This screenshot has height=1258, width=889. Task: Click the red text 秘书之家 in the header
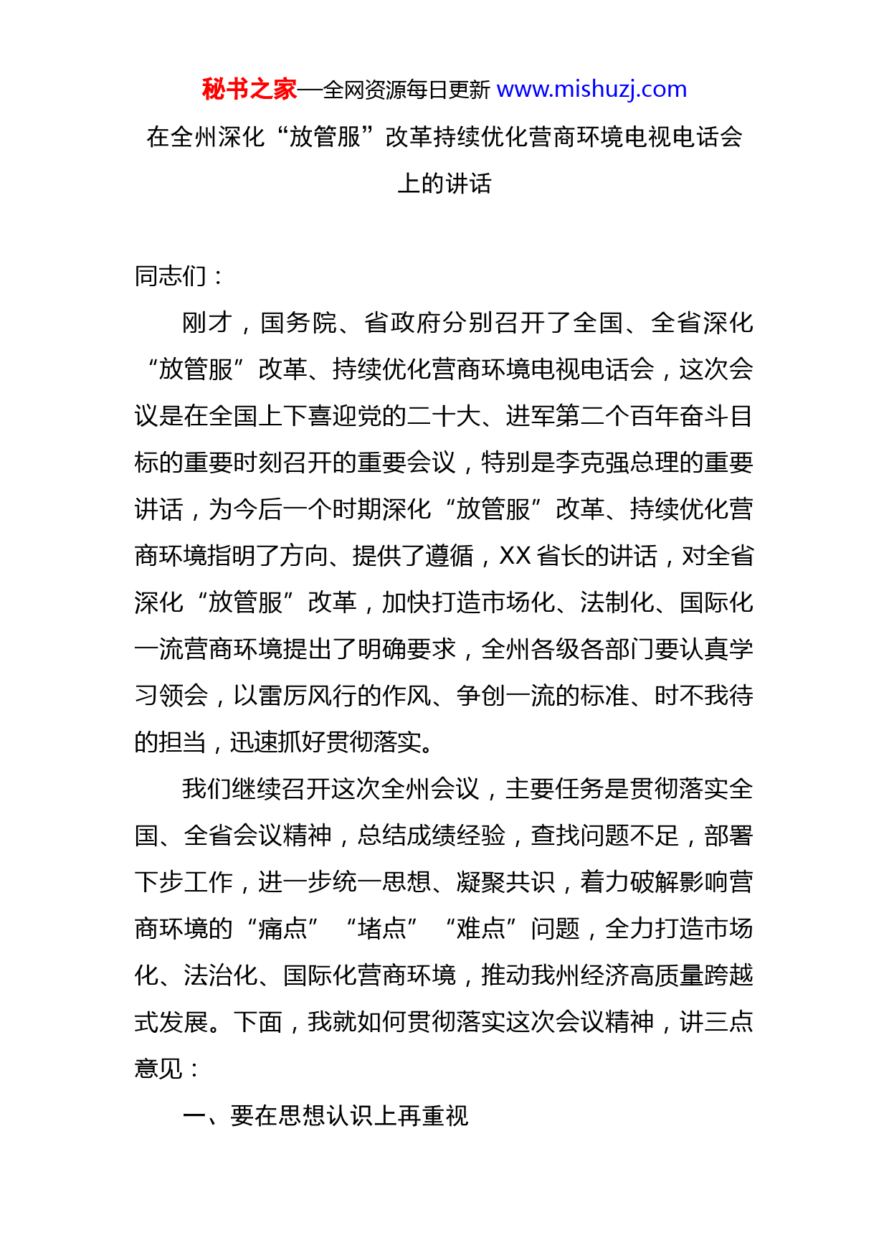pos(249,90)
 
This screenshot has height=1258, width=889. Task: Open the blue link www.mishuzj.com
pos(591,90)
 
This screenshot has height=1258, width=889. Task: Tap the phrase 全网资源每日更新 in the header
pos(407,90)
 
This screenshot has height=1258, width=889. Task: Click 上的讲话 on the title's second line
pos(444,184)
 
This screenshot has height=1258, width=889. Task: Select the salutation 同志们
pos(171,276)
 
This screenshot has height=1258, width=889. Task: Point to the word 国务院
pos(298,323)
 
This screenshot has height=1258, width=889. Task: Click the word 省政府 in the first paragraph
pos(402,323)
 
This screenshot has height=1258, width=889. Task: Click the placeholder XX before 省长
pos(515,556)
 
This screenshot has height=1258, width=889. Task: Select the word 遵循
pos(450,556)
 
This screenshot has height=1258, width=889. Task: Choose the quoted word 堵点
pos(381,929)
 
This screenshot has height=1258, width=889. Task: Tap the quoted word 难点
pos(480,929)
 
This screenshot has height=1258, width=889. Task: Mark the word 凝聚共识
pos(505,882)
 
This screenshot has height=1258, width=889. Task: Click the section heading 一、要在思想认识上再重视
pos(325,1116)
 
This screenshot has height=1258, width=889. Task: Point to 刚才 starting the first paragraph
pos(207,323)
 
